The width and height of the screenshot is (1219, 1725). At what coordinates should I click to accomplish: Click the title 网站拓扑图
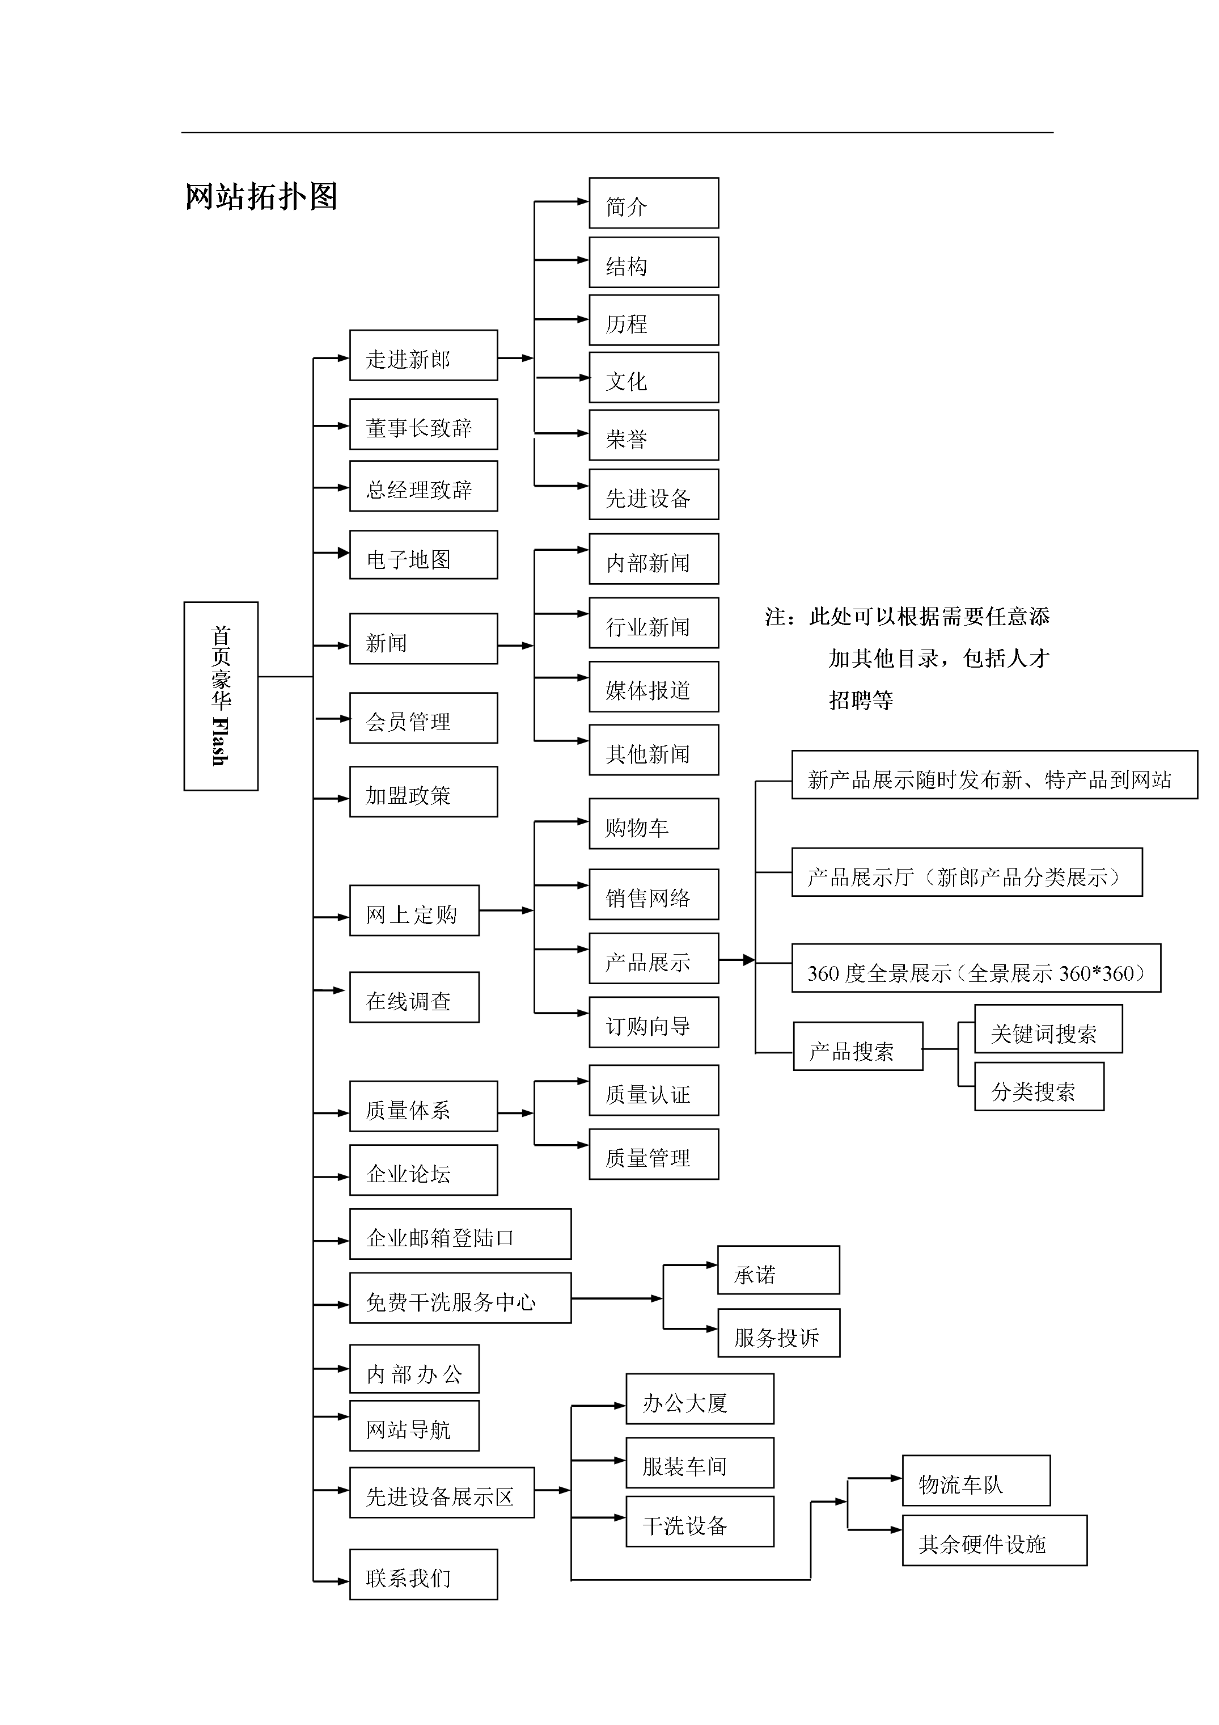click(261, 197)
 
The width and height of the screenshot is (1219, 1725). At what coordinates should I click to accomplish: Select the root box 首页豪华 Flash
click(221, 695)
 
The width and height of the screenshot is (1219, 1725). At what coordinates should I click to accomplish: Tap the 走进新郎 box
click(423, 355)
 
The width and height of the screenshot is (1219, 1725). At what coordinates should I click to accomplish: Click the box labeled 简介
click(653, 203)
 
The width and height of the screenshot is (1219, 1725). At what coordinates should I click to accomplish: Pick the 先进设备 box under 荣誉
click(653, 495)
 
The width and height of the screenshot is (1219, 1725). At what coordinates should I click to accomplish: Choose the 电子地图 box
click(423, 555)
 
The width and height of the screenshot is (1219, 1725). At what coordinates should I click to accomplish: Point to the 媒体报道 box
click(653, 687)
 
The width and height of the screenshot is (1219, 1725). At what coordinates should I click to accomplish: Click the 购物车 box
click(653, 824)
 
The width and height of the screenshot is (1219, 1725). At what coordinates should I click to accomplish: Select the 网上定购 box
click(414, 910)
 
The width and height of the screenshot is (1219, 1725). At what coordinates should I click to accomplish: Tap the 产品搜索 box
click(858, 1046)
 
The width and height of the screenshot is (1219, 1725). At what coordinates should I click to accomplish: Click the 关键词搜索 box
click(1048, 1030)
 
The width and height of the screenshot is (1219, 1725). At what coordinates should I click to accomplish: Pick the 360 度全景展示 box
click(976, 968)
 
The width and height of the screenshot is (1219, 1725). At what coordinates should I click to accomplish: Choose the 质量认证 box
click(653, 1090)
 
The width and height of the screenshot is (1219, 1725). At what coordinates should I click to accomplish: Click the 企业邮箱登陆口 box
click(460, 1234)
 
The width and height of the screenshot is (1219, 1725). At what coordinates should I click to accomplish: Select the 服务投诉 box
click(778, 1334)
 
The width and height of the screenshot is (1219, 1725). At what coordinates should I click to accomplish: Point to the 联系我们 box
click(423, 1575)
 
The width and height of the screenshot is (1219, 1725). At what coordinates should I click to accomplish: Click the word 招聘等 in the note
click(861, 700)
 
